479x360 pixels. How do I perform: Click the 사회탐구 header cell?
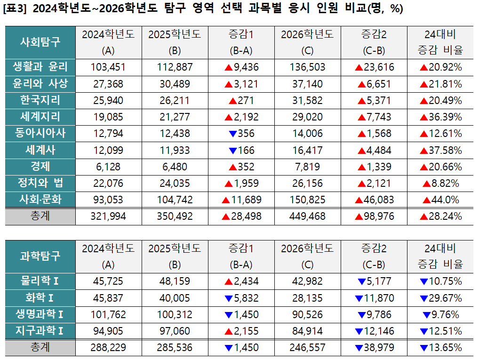pos(40,42)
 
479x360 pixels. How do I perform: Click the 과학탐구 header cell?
pos(40,256)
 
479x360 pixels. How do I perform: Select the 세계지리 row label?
pos(40,116)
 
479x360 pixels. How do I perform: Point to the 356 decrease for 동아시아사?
pos(241,134)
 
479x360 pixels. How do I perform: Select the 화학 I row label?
pos(40,298)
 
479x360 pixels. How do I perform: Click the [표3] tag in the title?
pos(16,9)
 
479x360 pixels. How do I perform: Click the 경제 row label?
pos(40,166)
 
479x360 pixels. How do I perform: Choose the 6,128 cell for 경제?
pos(108,167)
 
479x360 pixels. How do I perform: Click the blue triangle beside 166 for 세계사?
pos(232,151)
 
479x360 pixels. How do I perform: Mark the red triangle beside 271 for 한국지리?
pos(232,101)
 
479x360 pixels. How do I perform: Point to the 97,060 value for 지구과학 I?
pos(175,331)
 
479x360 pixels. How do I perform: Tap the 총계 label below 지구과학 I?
pos(40,348)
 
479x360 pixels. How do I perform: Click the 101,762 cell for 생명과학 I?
pos(108,315)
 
